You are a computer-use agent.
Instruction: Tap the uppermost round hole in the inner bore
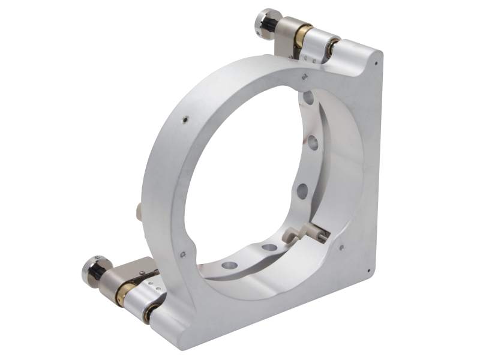(x=308, y=98)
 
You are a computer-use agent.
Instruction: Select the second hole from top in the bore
(x=313, y=143)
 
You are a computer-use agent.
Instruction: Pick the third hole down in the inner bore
(x=302, y=191)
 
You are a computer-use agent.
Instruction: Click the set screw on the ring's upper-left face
(x=185, y=120)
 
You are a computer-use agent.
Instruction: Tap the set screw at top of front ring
(x=305, y=76)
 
